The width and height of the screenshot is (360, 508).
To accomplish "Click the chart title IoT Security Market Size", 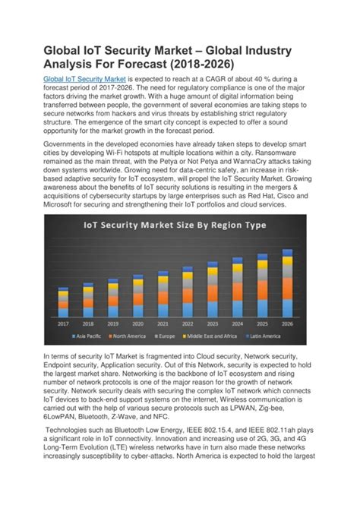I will click(x=175, y=226).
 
